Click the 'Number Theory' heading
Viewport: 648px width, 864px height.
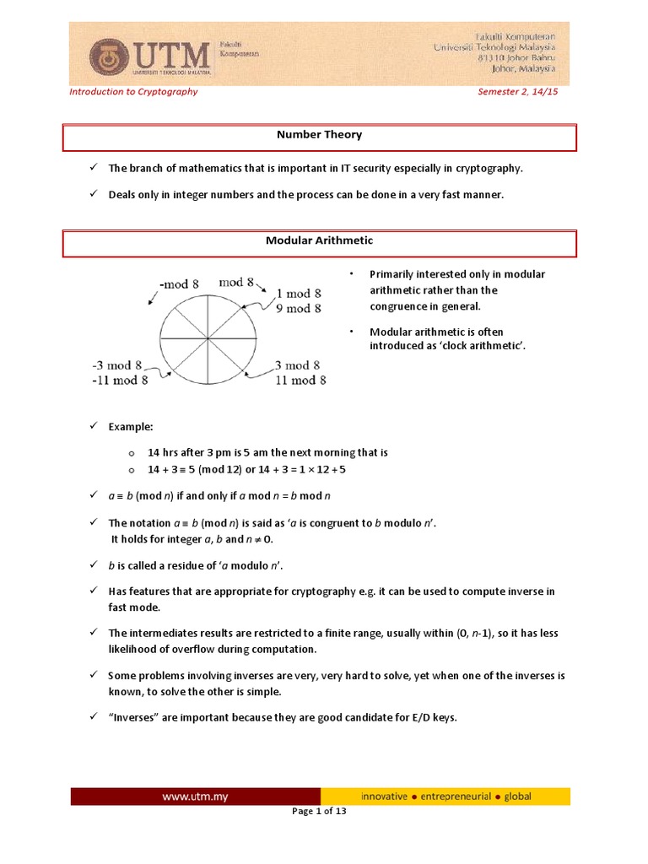320,134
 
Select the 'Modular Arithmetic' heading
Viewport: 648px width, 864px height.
320,241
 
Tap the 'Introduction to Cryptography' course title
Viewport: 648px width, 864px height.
133,91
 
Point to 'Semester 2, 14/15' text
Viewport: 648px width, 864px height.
518,91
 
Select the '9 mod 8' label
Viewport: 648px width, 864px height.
300,309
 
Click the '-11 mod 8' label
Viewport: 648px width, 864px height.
121,381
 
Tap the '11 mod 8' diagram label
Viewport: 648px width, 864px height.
300,381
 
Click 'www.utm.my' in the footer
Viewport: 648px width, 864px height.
196,796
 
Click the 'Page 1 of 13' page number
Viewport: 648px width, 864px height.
320,812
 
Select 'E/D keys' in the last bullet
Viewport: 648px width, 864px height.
434,719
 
